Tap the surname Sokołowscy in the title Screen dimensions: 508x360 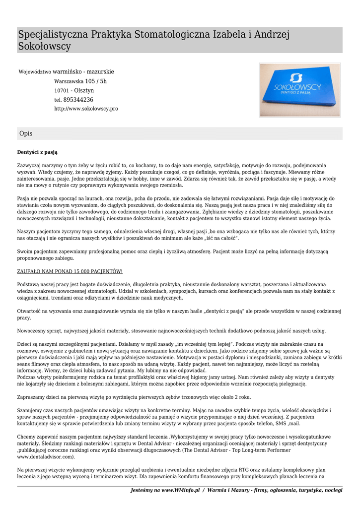pos(44,47)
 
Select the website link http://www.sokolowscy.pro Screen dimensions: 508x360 pos(86,109)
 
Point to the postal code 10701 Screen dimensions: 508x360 pos(61,91)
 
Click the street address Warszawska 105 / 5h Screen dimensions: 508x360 pos(80,81)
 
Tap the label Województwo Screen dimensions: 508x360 pos(35,72)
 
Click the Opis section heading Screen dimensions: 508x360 pos(26,133)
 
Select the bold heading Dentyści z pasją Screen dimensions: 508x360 pos(40,152)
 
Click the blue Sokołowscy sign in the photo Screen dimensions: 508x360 pos(299,90)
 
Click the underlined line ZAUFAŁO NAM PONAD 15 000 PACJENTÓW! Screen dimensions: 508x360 pos(70,271)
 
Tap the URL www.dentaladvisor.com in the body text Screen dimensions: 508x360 pos(46,456)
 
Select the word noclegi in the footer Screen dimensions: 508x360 pos(333,490)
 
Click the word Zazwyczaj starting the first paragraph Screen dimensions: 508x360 pos(30,165)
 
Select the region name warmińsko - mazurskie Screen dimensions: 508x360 pos(83,71)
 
